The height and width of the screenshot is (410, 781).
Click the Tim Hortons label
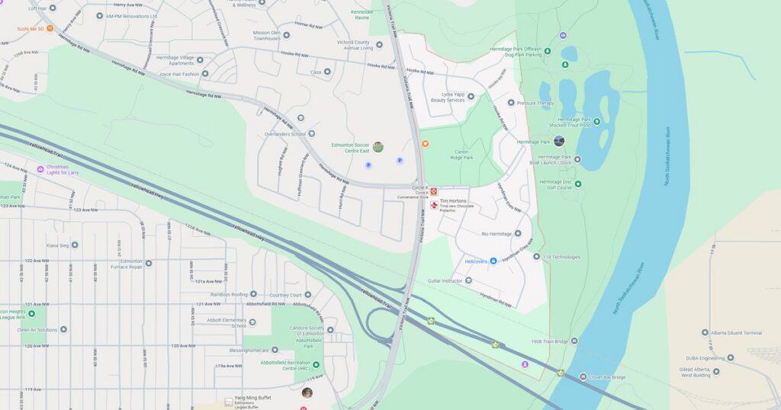pyautogui.click(x=452, y=201)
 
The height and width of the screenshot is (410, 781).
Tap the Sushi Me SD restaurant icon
pyautogui.click(x=50, y=28)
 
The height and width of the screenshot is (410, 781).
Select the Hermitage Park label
pyautogui.click(x=534, y=142)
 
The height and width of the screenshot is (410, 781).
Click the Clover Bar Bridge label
pyautogui.click(x=608, y=377)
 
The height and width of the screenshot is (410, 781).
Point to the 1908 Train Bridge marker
pyautogui.click(x=574, y=341)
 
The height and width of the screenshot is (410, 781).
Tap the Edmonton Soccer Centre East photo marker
pyautogui.click(x=378, y=146)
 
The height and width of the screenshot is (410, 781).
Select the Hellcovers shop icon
pyautogui.click(x=493, y=261)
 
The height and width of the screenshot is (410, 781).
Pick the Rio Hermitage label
pyautogui.click(x=497, y=233)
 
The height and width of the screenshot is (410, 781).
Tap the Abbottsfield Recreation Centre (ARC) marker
pyautogui.click(x=317, y=365)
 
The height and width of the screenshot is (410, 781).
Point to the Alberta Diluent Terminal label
pyautogui.click(x=736, y=333)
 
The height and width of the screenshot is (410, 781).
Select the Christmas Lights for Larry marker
pyautogui.click(x=40, y=169)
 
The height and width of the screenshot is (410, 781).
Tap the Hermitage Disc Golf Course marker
pyautogui.click(x=577, y=184)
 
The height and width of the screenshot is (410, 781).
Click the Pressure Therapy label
pyautogui.click(x=535, y=103)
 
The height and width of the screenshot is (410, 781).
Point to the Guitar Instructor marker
pyautogui.click(x=468, y=280)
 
